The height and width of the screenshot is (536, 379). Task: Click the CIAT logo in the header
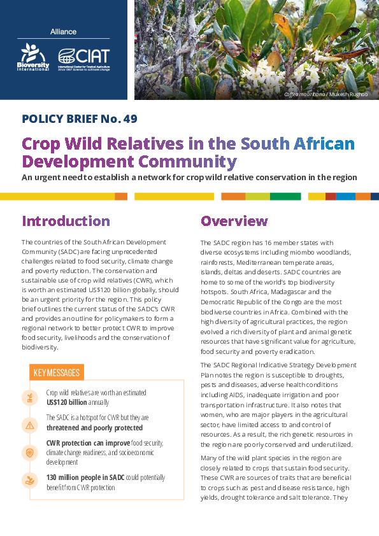click(x=83, y=58)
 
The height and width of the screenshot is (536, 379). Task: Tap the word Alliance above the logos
click(x=63, y=32)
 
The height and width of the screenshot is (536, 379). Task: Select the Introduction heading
click(x=66, y=221)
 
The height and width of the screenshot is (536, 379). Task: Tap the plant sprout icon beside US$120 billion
click(x=29, y=398)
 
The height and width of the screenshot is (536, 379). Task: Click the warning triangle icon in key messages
click(x=29, y=425)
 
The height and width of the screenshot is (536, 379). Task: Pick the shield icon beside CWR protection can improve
click(x=29, y=452)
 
